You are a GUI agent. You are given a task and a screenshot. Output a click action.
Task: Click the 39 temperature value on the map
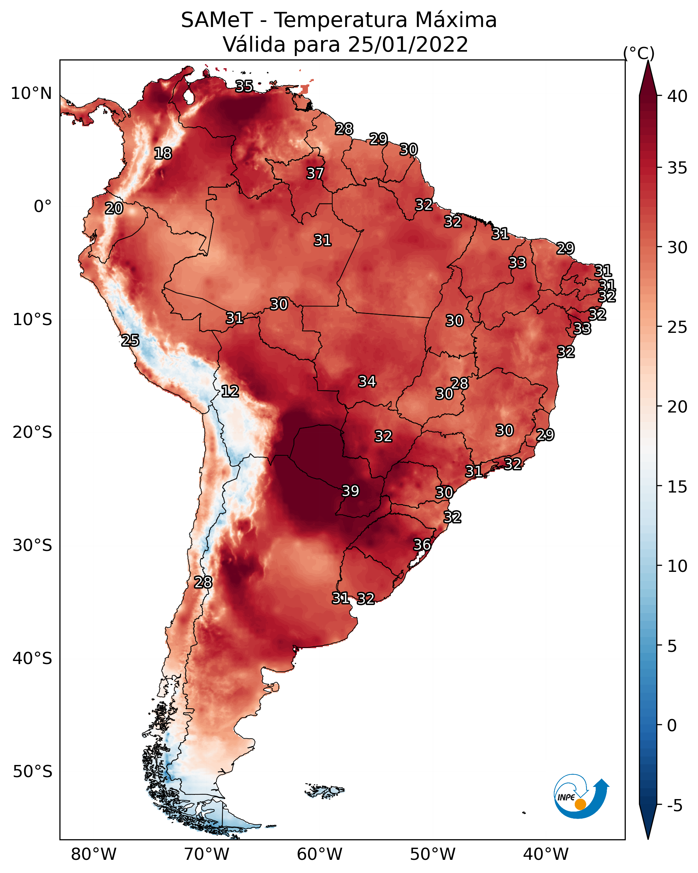[x=351, y=491]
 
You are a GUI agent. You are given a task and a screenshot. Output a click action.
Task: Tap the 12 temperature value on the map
[x=230, y=391]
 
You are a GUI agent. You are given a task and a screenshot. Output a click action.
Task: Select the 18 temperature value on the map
[x=163, y=154]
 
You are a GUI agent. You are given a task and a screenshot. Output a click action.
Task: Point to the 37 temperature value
[x=315, y=173]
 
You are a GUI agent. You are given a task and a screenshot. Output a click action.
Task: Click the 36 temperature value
[x=422, y=545]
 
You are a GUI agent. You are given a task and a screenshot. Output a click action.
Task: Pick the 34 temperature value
[x=367, y=381]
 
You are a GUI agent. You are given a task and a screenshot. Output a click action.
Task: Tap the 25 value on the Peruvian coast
[x=130, y=341]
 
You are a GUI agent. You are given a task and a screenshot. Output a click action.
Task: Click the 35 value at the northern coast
[x=244, y=86]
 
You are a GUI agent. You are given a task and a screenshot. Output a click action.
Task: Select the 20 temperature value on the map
[x=114, y=209]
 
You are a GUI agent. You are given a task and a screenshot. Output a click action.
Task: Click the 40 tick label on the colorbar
[x=677, y=96]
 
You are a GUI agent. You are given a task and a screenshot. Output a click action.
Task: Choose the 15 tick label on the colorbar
[x=677, y=487]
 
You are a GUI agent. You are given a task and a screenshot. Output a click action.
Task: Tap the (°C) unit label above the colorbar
[x=639, y=53]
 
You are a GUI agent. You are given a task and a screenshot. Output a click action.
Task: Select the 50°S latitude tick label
[x=32, y=772]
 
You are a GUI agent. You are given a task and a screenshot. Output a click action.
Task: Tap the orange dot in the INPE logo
[x=580, y=804]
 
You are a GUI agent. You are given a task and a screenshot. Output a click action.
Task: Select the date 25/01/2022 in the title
[x=408, y=44]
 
